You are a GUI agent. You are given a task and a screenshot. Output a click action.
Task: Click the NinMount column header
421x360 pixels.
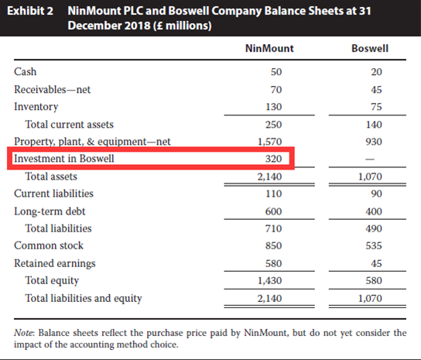pyautogui.click(x=269, y=48)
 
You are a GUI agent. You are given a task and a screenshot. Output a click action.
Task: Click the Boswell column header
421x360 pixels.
pyautogui.click(x=370, y=48)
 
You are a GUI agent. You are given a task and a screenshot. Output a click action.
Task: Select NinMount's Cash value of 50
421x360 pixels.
pyautogui.click(x=276, y=72)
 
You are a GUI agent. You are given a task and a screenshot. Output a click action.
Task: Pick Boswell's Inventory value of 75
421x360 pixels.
pyautogui.click(x=376, y=107)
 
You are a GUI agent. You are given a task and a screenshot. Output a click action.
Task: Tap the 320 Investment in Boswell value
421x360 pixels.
pyautogui.click(x=274, y=159)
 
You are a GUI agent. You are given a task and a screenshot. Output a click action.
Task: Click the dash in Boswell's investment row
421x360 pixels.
pyautogui.click(x=370, y=159)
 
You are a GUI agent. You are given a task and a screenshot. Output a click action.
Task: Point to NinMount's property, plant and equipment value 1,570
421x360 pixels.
pyautogui.click(x=270, y=142)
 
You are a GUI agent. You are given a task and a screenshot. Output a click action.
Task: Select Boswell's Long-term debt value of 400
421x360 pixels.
pyautogui.click(x=374, y=211)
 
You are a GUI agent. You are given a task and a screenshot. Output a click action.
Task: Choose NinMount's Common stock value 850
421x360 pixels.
pyautogui.click(x=274, y=245)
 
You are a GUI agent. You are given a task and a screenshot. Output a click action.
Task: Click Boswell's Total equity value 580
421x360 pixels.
pyautogui.click(x=374, y=280)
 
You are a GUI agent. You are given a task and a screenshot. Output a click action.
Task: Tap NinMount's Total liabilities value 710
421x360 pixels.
pyautogui.click(x=274, y=228)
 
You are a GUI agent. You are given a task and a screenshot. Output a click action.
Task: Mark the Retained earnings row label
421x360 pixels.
pyautogui.click(x=55, y=263)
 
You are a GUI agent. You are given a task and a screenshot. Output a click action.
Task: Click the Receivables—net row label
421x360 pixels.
pyautogui.click(x=53, y=90)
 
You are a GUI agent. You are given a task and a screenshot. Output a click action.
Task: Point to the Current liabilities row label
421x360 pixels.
pyautogui.click(x=53, y=194)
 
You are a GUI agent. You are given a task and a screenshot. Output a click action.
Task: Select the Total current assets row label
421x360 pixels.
pyautogui.click(x=70, y=125)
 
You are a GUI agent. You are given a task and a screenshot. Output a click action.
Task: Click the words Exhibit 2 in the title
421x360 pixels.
pyautogui.click(x=30, y=11)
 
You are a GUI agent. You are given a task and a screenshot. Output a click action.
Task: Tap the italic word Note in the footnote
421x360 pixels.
pyautogui.click(x=24, y=333)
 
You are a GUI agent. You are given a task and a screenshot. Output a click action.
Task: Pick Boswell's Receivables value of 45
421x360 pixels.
pyautogui.click(x=376, y=90)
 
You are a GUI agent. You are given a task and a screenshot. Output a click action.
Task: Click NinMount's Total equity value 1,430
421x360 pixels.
pyautogui.click(x=270, y=281)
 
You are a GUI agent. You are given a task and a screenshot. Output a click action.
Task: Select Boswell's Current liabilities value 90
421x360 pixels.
pyautogui.click(x=376, y=194)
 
